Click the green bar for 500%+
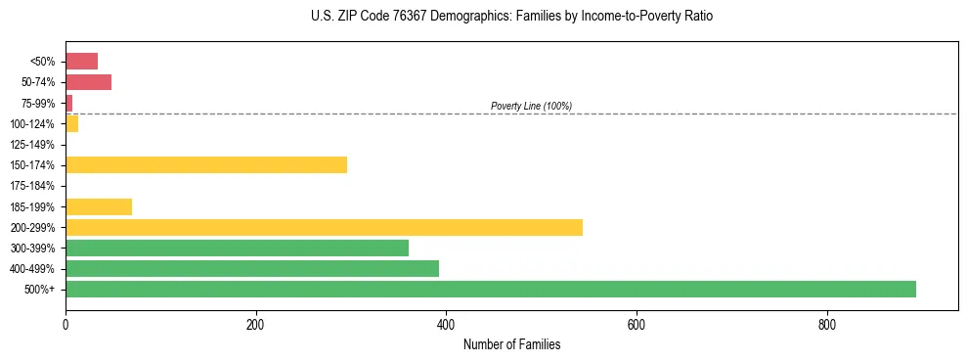490,289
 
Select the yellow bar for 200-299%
324,227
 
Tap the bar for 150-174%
206,164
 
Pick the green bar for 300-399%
237,248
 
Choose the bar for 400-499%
252,268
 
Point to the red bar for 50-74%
88,82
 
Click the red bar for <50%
81,61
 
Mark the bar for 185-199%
99,206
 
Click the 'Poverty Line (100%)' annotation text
531,106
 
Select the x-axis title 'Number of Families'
511,344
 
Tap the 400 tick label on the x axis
446,325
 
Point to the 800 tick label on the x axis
826,325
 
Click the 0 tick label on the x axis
66,325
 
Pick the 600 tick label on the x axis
636,325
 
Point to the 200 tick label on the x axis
255,325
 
